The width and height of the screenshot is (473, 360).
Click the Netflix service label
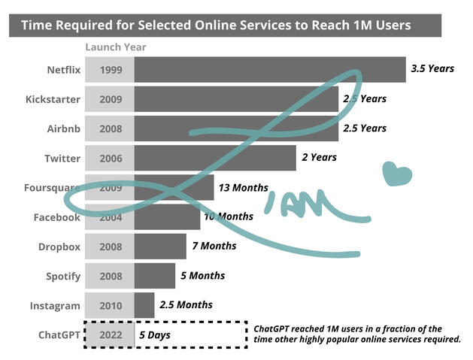(x=63, y=70)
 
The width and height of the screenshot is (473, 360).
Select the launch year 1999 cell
(x=110, y=70)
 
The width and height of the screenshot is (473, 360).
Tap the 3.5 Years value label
(x=432, y=69)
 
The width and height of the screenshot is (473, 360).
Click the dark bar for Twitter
(x=215, y=158)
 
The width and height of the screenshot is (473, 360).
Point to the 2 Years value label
(x=319, y=158)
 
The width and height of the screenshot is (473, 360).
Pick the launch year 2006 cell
(x=110, y=158)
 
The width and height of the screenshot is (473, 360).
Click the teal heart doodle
(x=396, y=174)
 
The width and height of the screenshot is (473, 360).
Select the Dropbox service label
(x=59, y=247)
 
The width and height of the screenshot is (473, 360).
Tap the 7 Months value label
(x=214, y=247)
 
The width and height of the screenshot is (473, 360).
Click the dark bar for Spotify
(x=155, y=276)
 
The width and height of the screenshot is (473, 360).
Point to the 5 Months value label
(x=202, y=276)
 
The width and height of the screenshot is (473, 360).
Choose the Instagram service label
(x=55, y=306)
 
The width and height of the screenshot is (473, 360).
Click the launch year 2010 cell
(x=110, y=306)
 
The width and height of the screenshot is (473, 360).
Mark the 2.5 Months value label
(x=186, y=305)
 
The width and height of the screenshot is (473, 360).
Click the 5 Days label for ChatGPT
(x=154, y=334)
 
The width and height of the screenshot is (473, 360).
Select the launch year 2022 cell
(x=110, y=334)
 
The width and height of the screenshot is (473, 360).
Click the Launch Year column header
(x=115, y=47)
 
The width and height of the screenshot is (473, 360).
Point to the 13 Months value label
(x=242, y=188)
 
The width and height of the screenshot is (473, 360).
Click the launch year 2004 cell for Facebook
(x=110, y=217)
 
